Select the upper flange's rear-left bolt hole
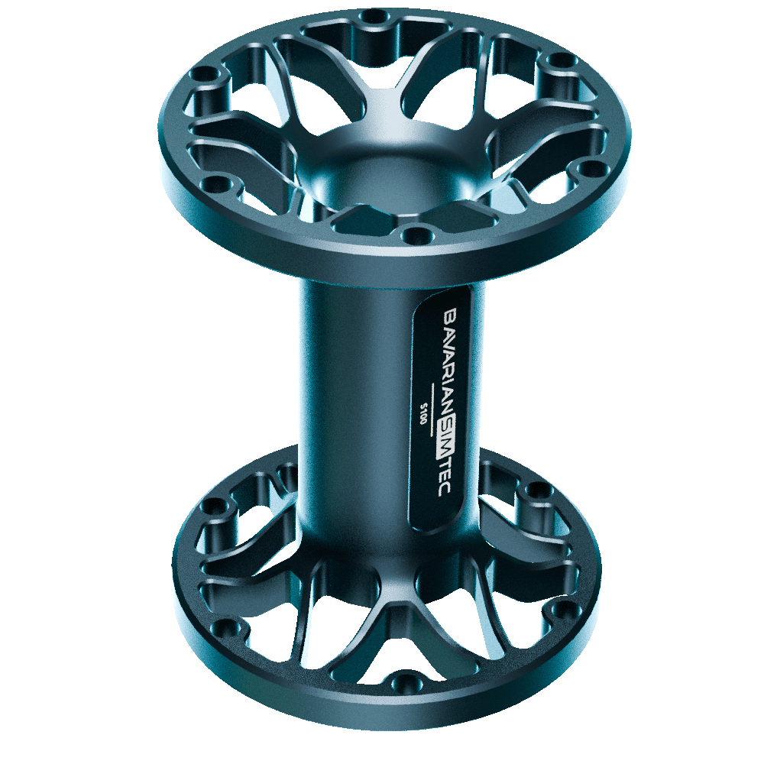coord(206,76)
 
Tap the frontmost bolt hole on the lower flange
coord(406,679)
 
